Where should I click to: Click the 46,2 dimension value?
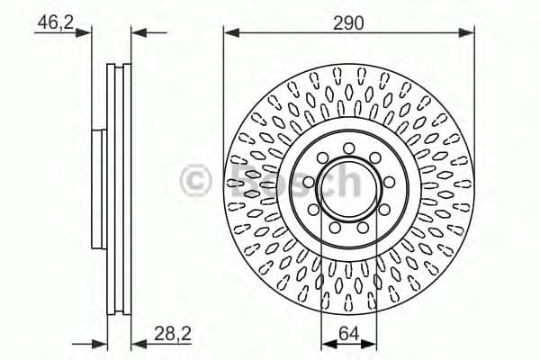click(53, 22)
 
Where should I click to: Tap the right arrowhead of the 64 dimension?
click(372, 342)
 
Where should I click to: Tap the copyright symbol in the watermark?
click(196, 181)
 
